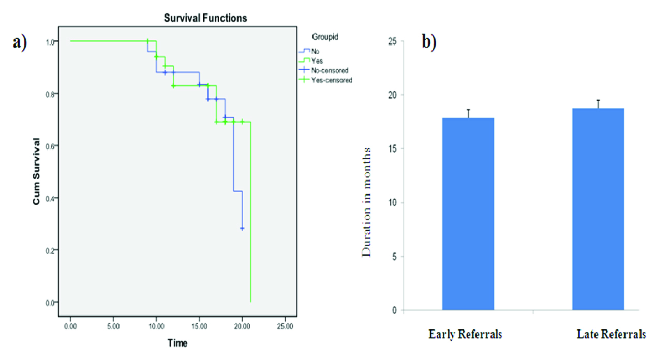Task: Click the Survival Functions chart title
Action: (205, 18)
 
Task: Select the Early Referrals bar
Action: (468, 214)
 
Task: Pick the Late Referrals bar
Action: (598, 209)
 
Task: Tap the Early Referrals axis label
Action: (465, 335)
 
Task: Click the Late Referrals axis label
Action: (611, 335)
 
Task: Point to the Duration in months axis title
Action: (366, 202)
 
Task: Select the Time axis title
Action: (177, 343)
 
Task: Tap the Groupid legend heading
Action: (325, 37)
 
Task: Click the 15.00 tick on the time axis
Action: (199, 327)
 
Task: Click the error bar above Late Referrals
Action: (598, 103)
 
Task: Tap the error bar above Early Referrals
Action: (468, 113)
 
